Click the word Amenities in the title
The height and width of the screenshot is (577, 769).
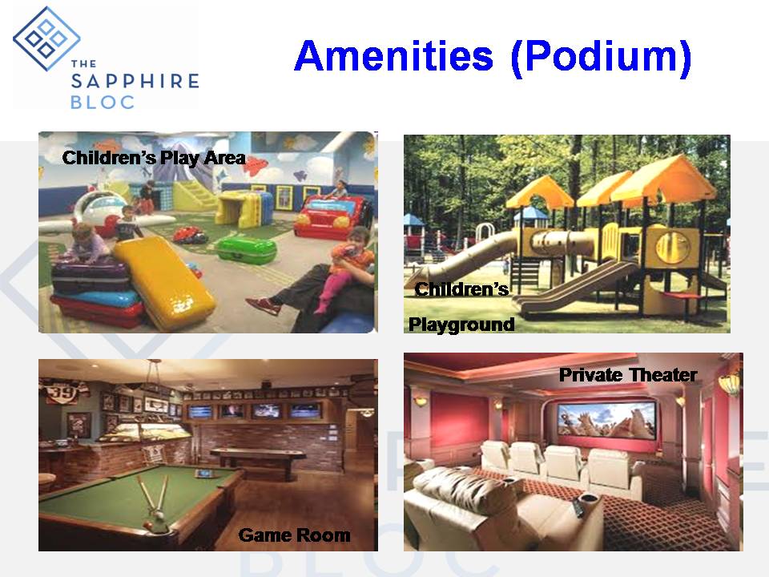click(394, 55)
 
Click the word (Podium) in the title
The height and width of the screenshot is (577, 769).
click(602, 58)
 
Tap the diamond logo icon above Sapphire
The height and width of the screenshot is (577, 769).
click(46, 38)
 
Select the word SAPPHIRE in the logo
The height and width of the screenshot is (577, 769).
click(135, 81)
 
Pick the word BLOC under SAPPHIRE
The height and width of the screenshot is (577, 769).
click(103, 102)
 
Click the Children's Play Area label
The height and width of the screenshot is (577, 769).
click(154, 158)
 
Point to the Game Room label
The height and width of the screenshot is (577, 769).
click(294, 535)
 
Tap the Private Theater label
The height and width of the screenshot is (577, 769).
click(628, 375)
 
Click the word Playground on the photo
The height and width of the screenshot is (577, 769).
click(461, 325)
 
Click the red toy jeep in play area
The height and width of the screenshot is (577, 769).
click(332, 216)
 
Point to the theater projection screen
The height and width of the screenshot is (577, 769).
click(606, 420)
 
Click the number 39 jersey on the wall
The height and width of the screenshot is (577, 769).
click(64, 393)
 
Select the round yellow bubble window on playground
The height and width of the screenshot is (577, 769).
click(672, 246)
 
